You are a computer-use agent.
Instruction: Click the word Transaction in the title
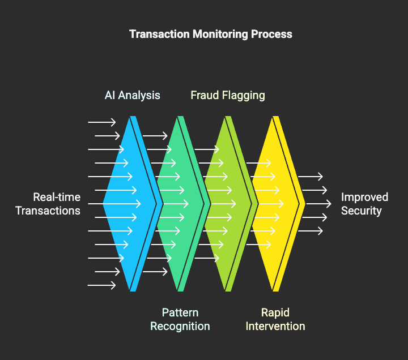[159, 34]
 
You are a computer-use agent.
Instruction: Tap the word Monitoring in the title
[220, 35]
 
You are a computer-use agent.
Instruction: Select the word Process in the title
[271, 34]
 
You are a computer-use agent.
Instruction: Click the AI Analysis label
[132, 96]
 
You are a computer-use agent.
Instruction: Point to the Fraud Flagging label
[228, 96]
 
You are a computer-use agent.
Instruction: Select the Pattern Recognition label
[180, 319]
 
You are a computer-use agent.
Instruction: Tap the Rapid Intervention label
[275, 319]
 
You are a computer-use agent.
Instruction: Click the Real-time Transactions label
[48, 204]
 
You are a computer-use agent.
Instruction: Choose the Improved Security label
[364, 204]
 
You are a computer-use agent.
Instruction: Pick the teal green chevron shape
[182, 204]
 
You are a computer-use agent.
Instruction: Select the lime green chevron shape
[229, 204]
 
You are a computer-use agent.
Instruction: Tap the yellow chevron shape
[277, 204]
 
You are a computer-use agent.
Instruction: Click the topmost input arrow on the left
[102, 122]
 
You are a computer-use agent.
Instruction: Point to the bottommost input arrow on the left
[102, 285]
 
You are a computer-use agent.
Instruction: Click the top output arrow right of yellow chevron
[310, 177]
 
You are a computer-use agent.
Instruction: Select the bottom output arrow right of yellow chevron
[310, 231]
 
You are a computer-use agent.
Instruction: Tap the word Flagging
[243, 96]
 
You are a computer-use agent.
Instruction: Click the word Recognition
[180, 327]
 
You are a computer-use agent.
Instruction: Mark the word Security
[361, 211]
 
